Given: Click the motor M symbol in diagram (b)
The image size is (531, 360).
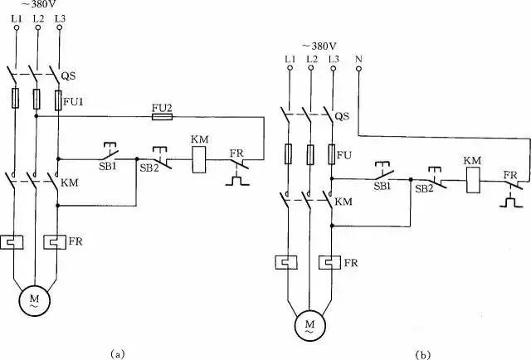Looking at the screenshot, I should (309, 320).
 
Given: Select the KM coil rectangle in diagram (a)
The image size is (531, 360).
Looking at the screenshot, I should (201, 160).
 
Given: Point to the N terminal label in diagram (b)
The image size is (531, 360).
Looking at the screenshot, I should (358, 59).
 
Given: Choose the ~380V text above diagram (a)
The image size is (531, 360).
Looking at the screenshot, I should (37, 6).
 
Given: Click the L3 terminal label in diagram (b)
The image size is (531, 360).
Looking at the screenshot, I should (334, 59).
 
